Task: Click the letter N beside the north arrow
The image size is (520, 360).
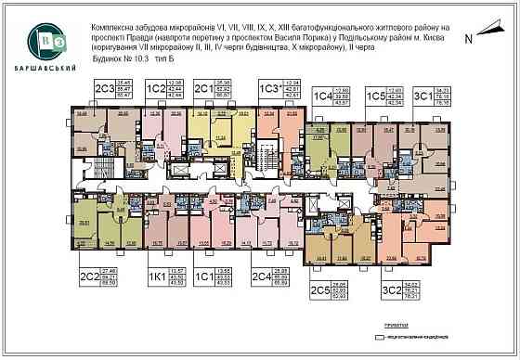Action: coord(468,39)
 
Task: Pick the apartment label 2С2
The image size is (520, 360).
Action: coord(88,276)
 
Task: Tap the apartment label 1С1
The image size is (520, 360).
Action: coord(204,276)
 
